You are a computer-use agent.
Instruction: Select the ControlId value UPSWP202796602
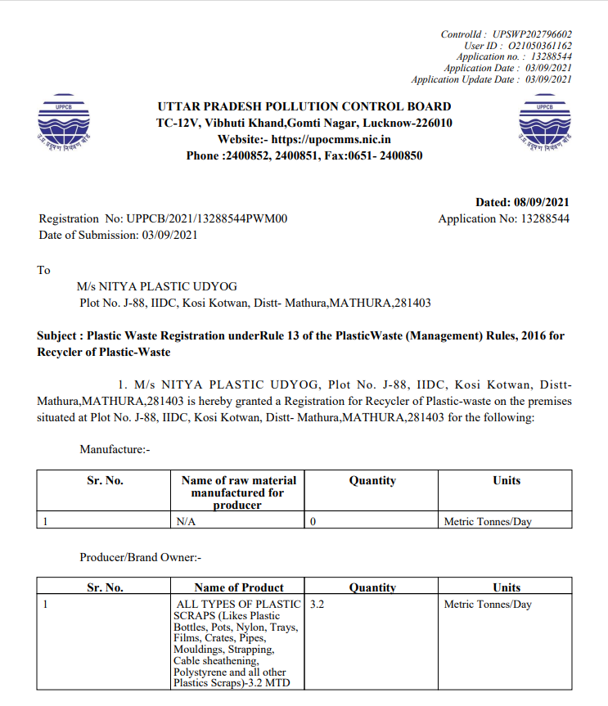(532, 34)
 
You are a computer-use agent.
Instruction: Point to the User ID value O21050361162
(538, 46)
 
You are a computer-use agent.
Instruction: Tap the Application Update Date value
(547, 79)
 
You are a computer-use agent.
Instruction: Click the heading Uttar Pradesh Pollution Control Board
(304, 106)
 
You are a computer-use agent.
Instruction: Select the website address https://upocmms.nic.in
(331, 139)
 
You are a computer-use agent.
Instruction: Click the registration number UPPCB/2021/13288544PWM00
(206, 218)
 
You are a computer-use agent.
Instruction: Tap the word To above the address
(43, 270)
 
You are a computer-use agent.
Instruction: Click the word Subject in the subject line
(59, 336)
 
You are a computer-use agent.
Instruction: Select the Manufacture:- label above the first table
(115, 449)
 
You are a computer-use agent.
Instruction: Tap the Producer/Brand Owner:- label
(140, 557)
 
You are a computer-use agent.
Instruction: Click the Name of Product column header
(239, 587)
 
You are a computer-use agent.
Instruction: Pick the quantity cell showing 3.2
(318, 605)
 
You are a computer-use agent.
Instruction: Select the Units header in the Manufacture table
(507, 480)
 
